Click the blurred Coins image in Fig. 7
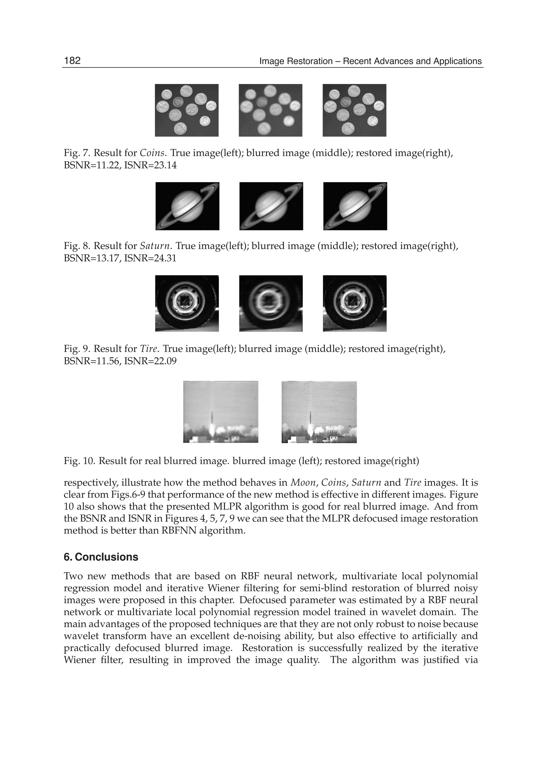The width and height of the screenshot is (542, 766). (x=270, y=110)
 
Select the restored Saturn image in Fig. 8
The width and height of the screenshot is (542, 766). (x=355, y=206)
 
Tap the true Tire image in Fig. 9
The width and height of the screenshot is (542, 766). (x=187, y=303)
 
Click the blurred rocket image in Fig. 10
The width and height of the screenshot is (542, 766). (x=221, y=412)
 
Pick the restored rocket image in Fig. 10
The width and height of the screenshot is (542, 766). (x=319, y=412)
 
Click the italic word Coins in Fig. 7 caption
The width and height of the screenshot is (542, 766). (x=152, y=153)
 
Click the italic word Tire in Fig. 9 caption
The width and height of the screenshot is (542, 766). (x=148, y=349)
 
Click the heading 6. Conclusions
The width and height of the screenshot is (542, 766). (x=101, y=557)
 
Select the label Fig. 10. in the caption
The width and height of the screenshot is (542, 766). (x=79, y=461)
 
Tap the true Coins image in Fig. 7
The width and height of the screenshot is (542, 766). (x=187, y=110)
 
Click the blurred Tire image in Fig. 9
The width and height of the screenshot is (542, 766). (x=271, y=303)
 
